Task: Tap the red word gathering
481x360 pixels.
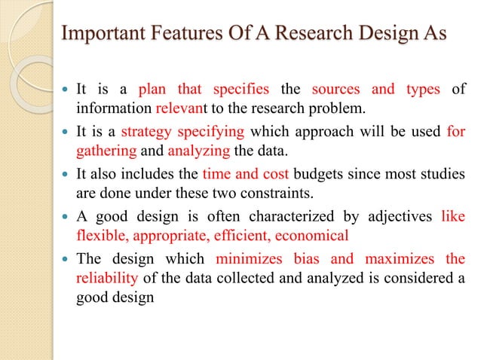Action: (103, 149)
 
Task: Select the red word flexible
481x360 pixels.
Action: (103, 235)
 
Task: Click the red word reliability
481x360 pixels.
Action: (106, 279)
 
